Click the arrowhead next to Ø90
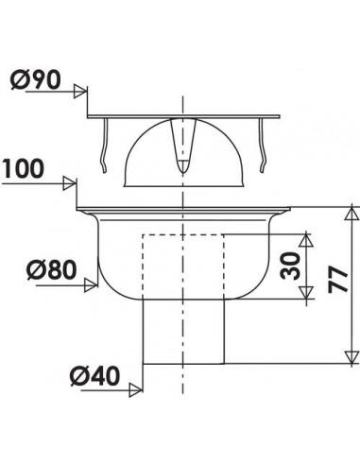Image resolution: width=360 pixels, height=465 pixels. click(x=84, y=92)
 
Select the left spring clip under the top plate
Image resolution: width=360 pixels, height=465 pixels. click(x=107, y=146)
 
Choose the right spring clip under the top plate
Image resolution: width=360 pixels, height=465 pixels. click(x=259, y=146)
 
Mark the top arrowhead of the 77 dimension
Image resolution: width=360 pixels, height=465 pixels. click(x=351, y=210)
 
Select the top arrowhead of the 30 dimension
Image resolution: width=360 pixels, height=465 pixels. click(x=306, y=237)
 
